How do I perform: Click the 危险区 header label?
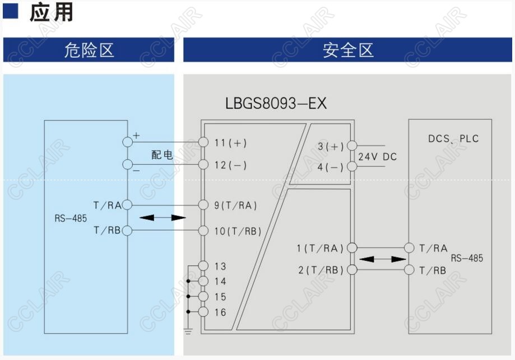tap(89, 50)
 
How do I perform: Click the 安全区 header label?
tap(348, 50)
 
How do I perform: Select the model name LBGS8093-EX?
tap(276, 104)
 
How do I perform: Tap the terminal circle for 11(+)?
tap(203, 143)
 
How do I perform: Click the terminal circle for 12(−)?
tap(203, 165)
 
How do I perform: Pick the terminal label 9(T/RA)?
tap(235, 205)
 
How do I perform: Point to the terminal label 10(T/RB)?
tap(238, 231)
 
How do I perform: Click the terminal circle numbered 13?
tap(203, 266)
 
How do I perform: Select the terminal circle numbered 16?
tap(203, 312)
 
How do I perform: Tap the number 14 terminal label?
tap(220, 282)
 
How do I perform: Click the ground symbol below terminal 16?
tap(188, 332)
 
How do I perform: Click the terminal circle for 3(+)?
tap(351, 147)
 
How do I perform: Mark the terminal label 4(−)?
tap(331, 167)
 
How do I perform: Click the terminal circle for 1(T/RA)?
tap(352, 248)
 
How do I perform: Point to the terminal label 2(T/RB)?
tap(321, 270)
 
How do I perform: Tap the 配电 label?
tap(162, 155)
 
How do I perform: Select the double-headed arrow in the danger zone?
tap(163, 217)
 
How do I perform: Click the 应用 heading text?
tap(51, 12)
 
